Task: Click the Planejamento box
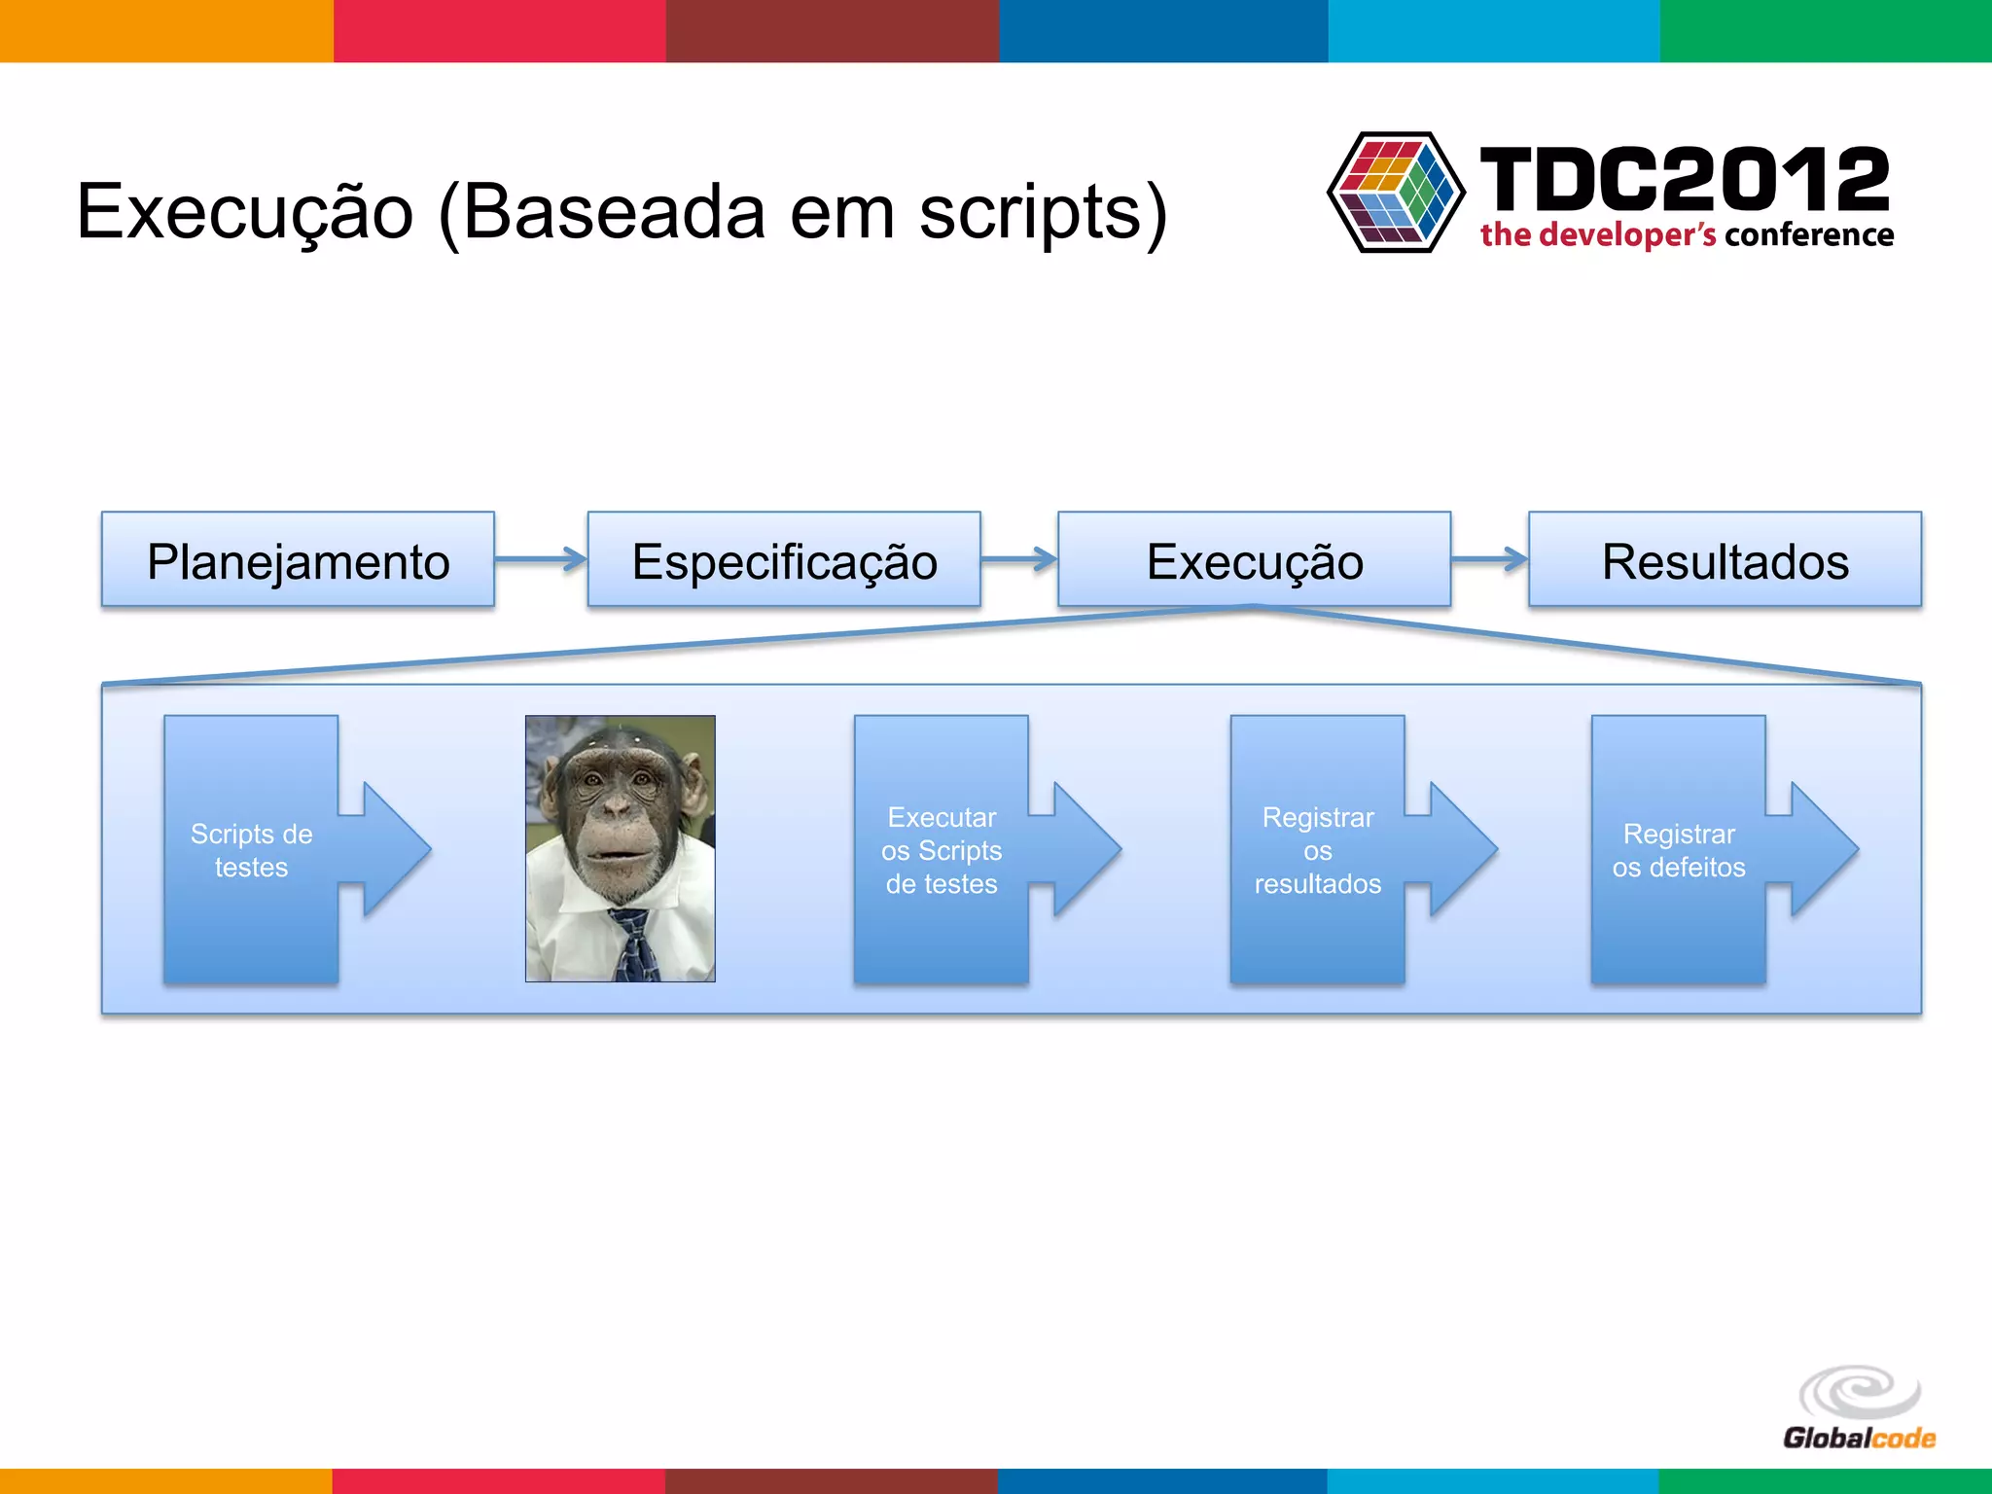(298, 560)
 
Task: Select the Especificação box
(784, 560)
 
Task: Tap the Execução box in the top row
(1254, 560)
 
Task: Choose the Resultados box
(1725, 560)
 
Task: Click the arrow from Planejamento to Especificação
(541, 559)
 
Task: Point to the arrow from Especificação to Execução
(1018, 559)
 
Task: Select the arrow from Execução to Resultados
(1489, 559)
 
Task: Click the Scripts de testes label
(251, 850)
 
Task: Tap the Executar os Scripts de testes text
(942, 850)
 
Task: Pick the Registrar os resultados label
(1317, 850)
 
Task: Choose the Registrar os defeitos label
(1679, 850)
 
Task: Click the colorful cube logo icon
(1396, 193)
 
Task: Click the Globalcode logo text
(1858, 1438)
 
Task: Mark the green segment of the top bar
(1826, 31)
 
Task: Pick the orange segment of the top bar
(165, 31)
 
